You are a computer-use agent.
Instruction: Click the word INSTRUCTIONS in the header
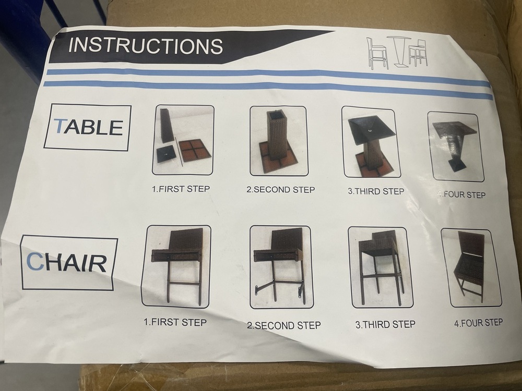(146, 45)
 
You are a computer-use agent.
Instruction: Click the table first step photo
(176, 139)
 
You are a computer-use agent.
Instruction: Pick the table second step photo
(277, 141)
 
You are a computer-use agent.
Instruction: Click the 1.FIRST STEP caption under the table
(180, 189)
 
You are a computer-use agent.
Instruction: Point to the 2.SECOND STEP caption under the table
(280, 190)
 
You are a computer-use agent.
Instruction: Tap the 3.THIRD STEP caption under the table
(376, 191)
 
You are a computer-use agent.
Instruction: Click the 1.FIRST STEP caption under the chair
(175, 322)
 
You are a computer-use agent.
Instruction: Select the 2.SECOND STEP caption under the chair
(283, 325)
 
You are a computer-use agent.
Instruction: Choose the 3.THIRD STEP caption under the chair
(385, 324)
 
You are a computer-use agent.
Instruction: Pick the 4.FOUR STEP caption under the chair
(478, 323)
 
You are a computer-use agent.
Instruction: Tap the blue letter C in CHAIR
(35, 262)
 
